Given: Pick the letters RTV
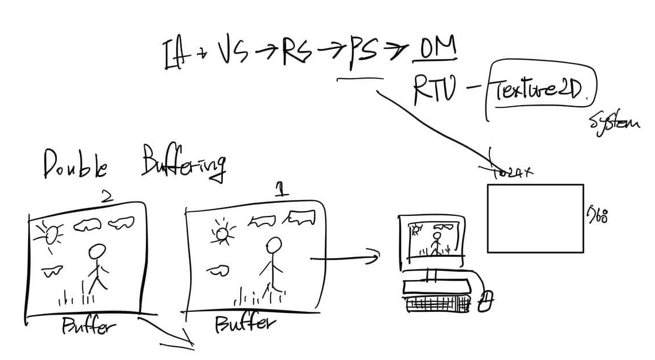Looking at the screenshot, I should click(434, 91).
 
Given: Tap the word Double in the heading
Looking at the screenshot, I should click(75, 164).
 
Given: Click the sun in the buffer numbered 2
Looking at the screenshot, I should click(50, 233).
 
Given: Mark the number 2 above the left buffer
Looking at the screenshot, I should click(107, 196).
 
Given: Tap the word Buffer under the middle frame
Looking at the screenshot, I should click(244, 324).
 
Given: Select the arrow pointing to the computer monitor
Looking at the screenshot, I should click(345, 258).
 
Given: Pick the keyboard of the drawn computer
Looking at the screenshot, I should click(437, 304).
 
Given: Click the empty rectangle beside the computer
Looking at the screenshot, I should click(535, 218).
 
